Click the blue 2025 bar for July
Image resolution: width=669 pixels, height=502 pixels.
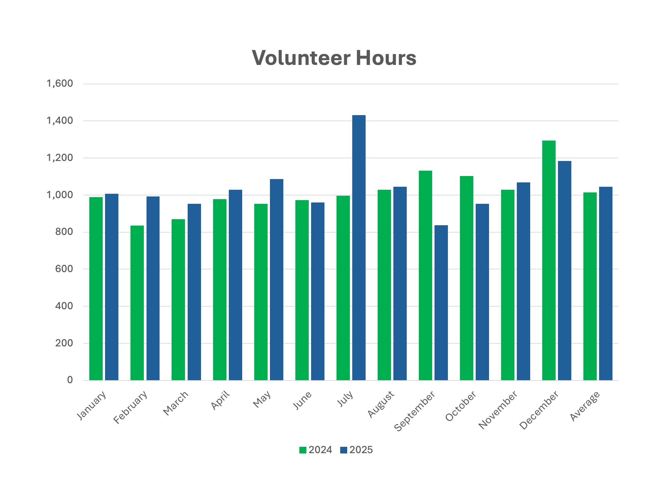359,248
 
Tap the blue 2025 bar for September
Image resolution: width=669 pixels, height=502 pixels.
441,303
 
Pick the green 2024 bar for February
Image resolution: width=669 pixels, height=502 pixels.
137,303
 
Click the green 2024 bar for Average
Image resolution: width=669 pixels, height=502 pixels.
590,286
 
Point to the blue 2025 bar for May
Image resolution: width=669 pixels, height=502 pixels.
277,279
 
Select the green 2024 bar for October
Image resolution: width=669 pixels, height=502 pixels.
466,278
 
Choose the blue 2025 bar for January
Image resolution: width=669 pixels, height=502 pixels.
112,287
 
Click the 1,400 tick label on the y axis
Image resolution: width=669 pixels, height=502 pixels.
60,121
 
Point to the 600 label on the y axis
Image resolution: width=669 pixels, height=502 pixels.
64,269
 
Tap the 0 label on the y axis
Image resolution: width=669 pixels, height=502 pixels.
70,380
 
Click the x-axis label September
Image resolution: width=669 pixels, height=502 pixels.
415,411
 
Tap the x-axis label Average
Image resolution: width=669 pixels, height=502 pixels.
585,406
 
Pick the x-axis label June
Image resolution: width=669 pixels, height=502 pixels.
302,400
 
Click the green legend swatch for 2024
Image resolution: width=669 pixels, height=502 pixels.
303,450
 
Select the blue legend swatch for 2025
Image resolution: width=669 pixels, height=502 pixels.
344,450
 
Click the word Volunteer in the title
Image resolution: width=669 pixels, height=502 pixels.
299,58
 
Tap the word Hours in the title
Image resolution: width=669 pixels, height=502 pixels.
386,58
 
